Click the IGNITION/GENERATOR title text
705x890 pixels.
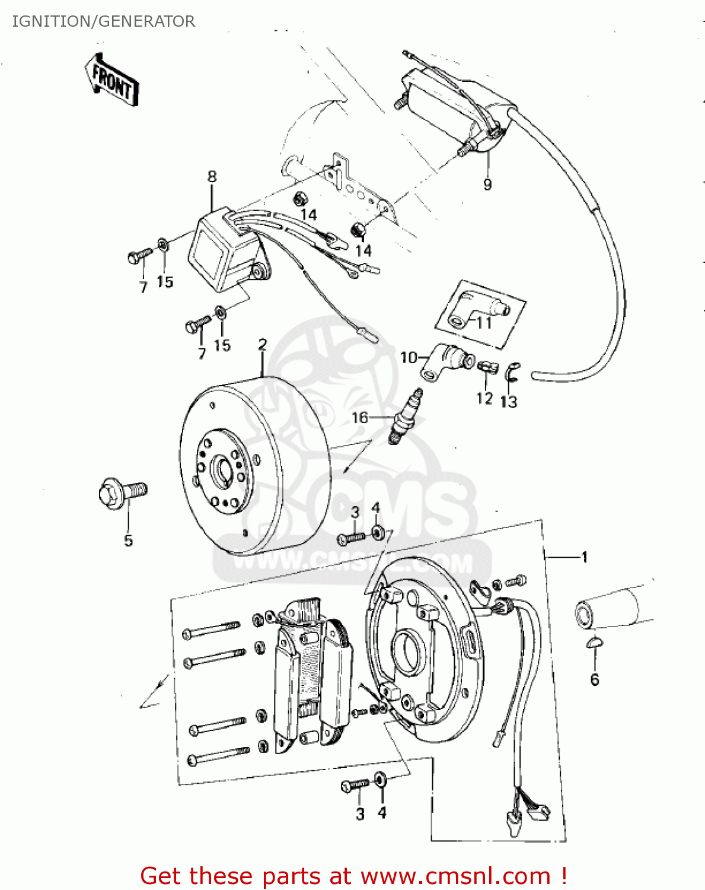[x=103, y=21]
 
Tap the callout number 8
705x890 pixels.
[x=212, y=176]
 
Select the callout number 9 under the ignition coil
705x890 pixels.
[x=487, y=184]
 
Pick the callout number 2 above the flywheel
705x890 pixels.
[x=263, y=345]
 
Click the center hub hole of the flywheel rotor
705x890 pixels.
[x=224, y=472]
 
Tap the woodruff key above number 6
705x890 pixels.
[x=594, y=642]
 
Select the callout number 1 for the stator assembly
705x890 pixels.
[x=584, y=557]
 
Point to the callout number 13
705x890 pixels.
[x=508, y=402]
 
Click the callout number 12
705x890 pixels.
[x=484, y=398]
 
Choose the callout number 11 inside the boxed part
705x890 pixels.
[x=484, y=322]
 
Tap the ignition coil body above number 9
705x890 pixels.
[x=454, y=104]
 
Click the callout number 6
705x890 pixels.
[x=595, y=679]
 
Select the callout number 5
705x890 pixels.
[x=128, y=540]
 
